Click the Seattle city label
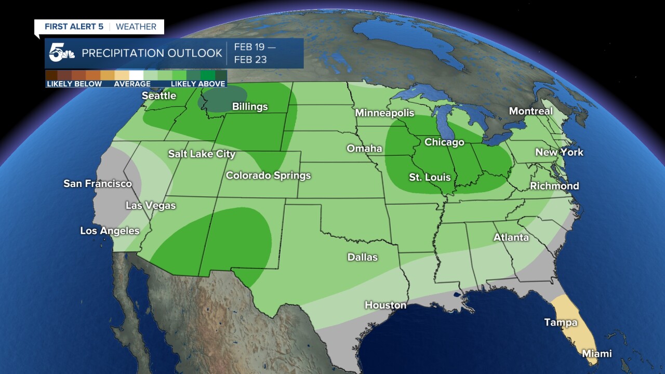(159, 96)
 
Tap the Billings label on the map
(250, 107)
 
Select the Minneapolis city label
(384, 113)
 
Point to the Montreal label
(530, 111)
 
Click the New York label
(559, 152)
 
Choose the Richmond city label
(554, 186)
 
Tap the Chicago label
(444, 142)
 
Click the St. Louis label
(430, 178)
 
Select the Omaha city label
(364, 149)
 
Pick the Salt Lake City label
(202, 154)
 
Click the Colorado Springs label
(268, 176)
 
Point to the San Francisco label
(98, 184)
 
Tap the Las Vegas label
(151, 206)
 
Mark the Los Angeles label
(110, 231)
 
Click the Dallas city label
(363, 257)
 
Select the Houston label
(385, 305)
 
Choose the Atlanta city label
(511, 237)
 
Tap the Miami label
(596, 354)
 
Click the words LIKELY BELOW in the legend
(74, 84)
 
